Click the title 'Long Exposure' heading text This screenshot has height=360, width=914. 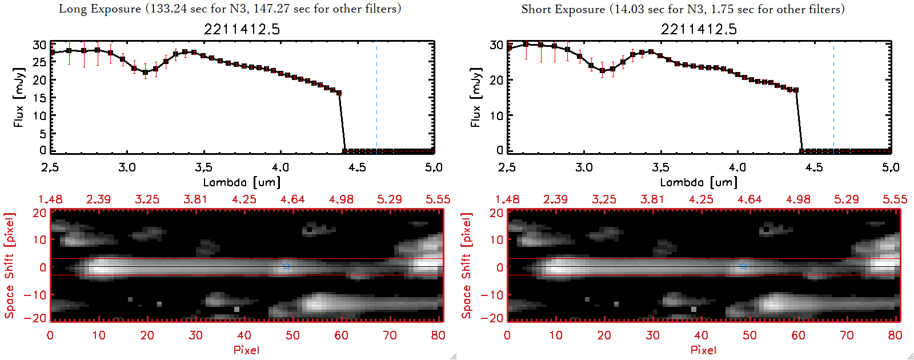100,9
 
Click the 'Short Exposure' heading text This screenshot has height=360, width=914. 563,9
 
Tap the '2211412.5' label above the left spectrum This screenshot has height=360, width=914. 242,29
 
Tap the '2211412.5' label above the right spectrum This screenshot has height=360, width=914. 699,29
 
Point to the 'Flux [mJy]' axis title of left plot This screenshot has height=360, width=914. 19,97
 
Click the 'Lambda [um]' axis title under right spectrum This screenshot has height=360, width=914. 699,182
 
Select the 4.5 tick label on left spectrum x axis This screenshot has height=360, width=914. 357,167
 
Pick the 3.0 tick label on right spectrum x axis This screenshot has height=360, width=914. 584,167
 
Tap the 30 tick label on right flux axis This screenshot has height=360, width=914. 496,45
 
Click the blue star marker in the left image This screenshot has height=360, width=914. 286,266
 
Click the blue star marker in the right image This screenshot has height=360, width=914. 743,266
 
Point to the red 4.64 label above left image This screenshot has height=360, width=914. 292,199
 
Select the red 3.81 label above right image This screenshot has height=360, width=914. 652,199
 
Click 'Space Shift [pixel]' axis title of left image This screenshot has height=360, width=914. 10,266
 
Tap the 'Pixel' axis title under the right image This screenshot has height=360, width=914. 703,350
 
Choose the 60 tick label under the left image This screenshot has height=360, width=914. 341,335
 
